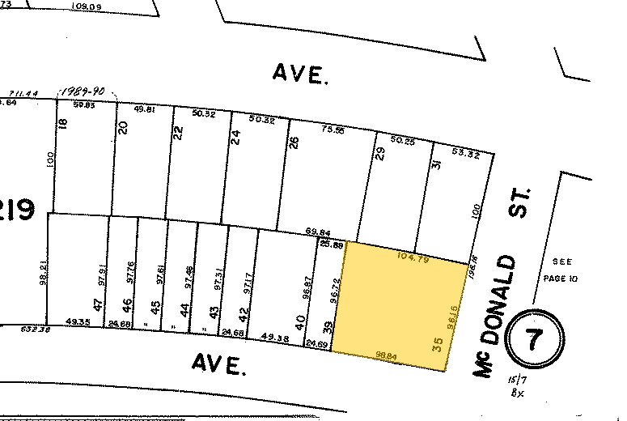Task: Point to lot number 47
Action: point(97,304)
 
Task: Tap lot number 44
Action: point(185,309)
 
